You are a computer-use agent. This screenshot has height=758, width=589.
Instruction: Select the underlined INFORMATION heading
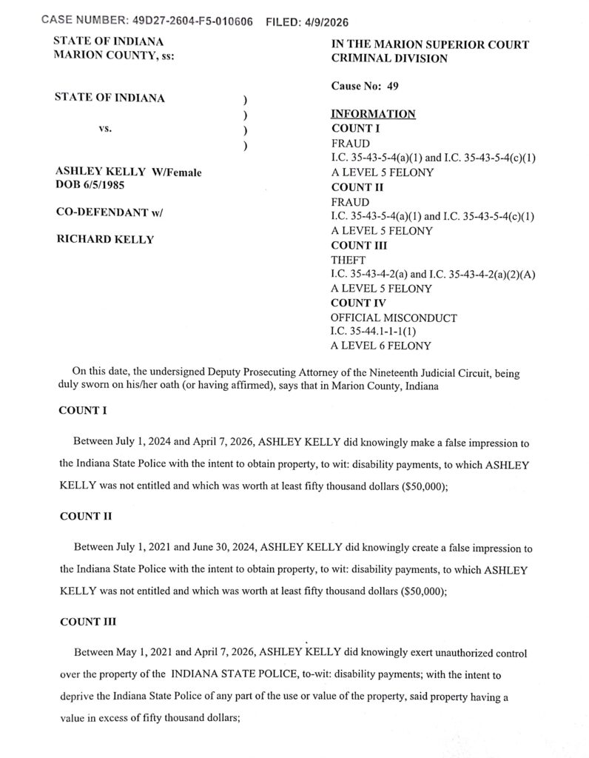tap(372, 114)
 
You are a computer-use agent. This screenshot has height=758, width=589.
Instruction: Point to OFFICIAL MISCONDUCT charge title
tap(394, 318)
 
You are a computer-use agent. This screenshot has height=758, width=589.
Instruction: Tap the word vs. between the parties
tap(106, 128)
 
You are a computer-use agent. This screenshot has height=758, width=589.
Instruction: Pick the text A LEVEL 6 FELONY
tap(382, 346)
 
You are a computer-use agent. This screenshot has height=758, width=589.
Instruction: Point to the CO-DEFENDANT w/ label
tap(109, 212)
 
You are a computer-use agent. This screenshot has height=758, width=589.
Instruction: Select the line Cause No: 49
tap(365, 87)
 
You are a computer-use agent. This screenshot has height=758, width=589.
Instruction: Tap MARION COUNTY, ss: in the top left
tap(115, 57)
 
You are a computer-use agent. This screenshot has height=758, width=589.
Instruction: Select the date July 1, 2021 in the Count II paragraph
tap(160, 547)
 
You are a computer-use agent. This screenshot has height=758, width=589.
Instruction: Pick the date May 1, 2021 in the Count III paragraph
tap(160, 654)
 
